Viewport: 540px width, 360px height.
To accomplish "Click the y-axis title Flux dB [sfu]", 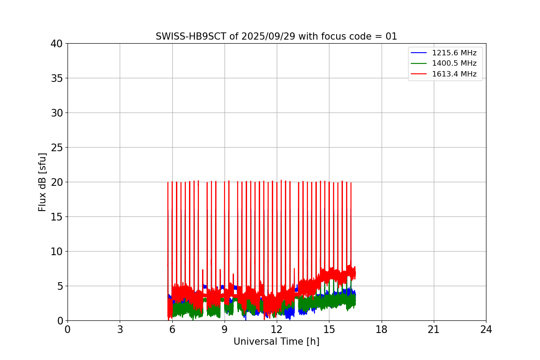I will point(42,182).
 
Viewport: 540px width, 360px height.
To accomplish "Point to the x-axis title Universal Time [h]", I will point(276,342).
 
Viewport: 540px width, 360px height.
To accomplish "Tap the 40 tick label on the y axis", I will point(57,44).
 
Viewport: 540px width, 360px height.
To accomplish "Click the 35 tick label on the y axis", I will point(57,78).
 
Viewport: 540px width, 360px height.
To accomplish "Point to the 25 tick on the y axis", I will point(57,148).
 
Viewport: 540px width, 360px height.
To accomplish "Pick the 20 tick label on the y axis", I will point(57,182).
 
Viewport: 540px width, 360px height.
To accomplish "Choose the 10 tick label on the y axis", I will point(57,252).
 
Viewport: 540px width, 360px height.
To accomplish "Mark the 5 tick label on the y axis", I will point(59,286).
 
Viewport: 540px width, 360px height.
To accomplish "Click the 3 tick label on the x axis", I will point(120,329).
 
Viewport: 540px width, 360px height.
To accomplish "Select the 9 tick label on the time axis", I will point(225,329).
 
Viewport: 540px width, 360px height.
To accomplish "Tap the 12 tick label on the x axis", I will point(277,329).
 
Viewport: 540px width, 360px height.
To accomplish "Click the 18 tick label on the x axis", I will point(382,329).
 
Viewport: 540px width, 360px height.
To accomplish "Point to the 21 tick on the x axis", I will point(434,329).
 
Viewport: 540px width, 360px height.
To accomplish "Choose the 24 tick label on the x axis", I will point(486,329).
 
